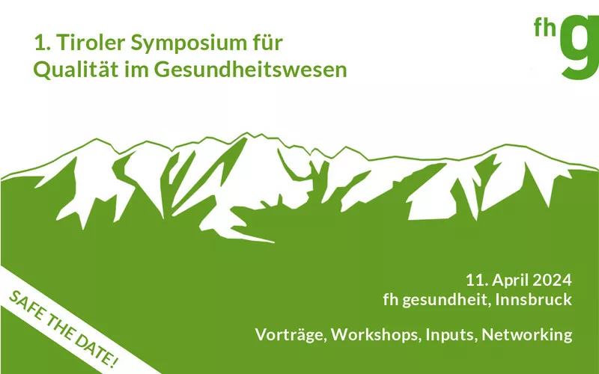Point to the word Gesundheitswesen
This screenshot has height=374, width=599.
pos(251,70)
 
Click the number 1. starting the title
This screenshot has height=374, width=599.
pos(43,43)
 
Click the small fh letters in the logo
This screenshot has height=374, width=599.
pos(545,27)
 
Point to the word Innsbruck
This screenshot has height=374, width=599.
pos(534,299)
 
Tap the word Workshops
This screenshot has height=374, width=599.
pos(377,334)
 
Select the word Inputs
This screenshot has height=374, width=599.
pos(451,335)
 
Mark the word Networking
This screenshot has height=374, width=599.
pos(527,335)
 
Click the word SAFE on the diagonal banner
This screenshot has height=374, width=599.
pos(28,305)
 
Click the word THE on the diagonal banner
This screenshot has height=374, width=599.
pos(61,328)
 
